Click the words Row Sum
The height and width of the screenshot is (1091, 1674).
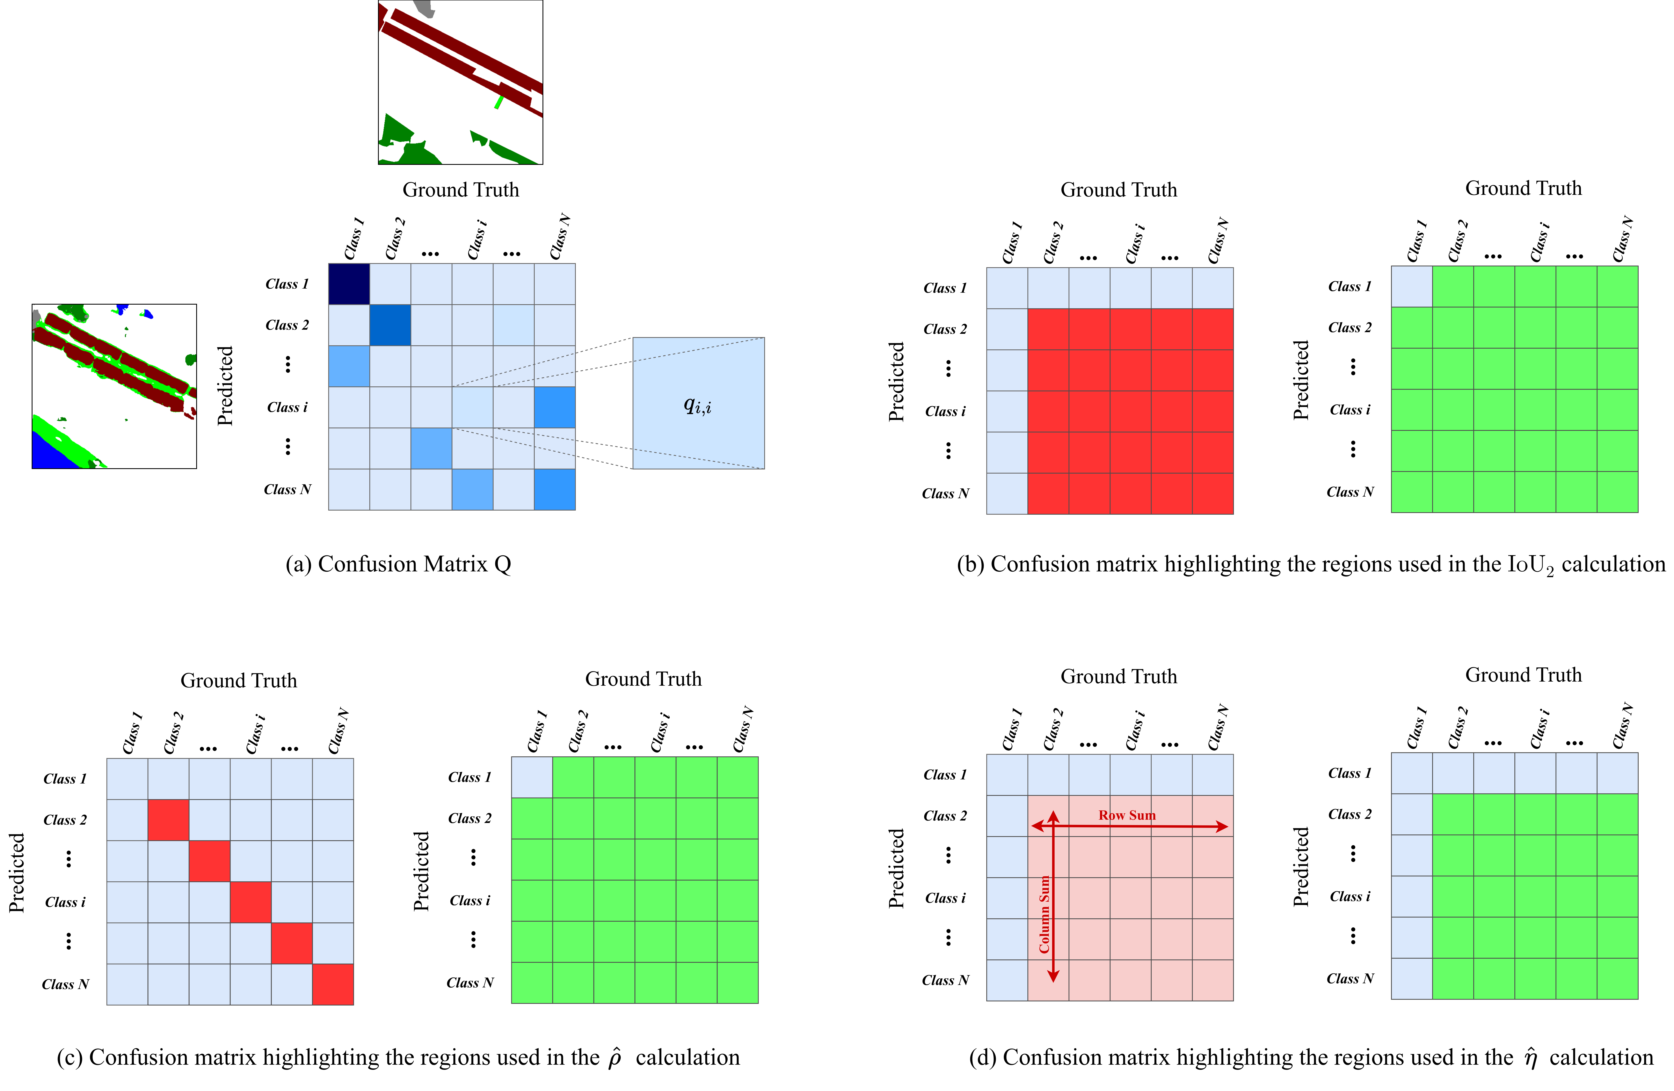[1127, 815]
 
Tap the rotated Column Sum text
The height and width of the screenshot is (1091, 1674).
[1045, 914]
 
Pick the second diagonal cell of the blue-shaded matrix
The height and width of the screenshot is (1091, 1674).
[390, 325]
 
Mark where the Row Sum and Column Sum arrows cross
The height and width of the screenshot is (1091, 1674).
[1053, 827]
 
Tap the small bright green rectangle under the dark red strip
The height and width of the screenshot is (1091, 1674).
[499, 103]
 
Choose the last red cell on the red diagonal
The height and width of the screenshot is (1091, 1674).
[333, 984]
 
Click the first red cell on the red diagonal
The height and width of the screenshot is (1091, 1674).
[168, 820]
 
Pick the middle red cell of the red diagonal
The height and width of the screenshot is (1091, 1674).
[250, 902]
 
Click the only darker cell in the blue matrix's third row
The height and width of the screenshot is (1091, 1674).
[349, 365]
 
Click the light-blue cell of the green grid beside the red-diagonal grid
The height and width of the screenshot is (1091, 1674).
[532, 777]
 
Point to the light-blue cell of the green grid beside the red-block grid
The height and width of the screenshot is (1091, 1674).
[1412, 286]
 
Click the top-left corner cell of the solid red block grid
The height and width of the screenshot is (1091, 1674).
[1048, 329]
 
